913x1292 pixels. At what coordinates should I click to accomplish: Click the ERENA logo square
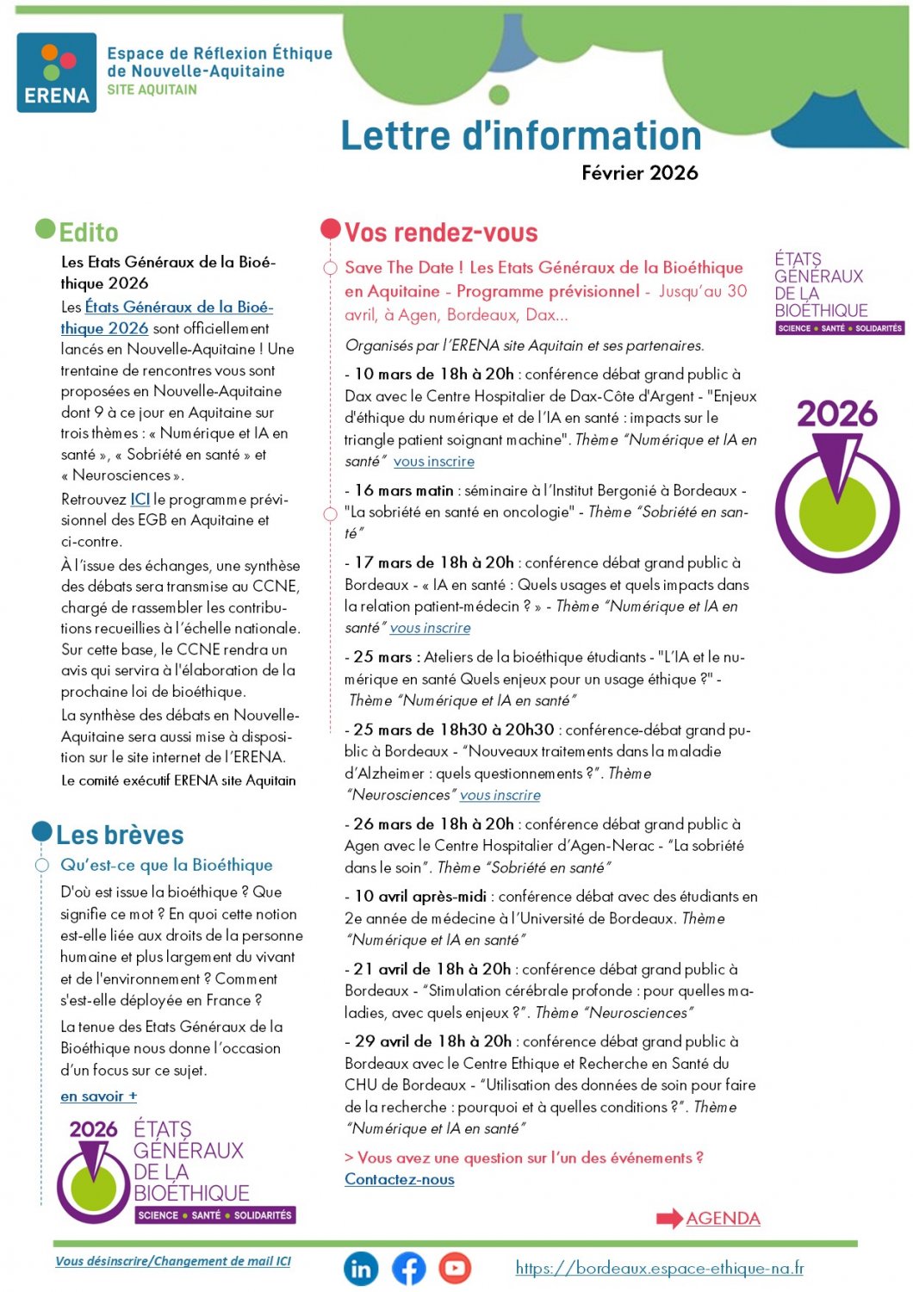pos(56,72)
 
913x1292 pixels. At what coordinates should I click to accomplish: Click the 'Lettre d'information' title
pos(521,136)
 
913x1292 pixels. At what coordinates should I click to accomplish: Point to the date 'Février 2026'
pos(639,173)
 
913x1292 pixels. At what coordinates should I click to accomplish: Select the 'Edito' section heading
pos(88,233)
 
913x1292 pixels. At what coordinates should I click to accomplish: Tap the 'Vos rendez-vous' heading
pos(441,233)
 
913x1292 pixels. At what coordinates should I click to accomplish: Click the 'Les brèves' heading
pos(120,835)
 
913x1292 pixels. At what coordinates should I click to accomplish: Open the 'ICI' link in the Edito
pos(140,500)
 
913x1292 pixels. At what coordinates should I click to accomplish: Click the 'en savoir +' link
pos(98,1096)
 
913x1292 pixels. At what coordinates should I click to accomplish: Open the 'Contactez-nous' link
pos(400,1179)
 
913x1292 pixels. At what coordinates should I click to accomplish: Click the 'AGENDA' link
pos(723,1219)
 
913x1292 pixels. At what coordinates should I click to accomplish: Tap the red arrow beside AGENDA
pos(669,1219)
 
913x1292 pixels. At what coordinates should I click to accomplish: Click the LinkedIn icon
pos(361,1268)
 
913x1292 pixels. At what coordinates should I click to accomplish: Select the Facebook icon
pos(409,1268)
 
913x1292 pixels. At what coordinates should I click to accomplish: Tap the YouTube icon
pos(455,1268)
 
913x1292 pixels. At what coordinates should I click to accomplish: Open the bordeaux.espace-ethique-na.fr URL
pos(660,1268)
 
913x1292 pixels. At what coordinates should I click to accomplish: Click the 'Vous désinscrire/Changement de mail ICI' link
pos(173,1261)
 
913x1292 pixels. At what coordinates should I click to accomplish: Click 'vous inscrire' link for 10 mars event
pos(434,462)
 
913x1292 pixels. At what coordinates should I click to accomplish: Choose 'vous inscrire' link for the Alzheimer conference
pos(500,795)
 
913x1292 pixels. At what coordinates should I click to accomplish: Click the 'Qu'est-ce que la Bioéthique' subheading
pos(166,865)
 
